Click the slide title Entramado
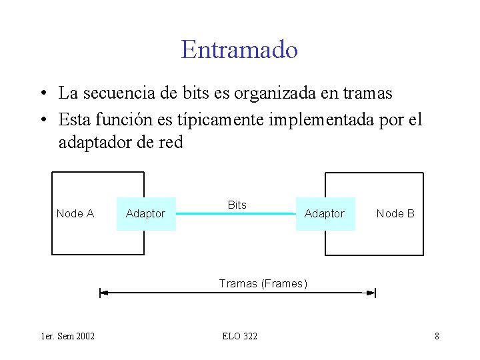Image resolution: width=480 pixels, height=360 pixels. point(239,49)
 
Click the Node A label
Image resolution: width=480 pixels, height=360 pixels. point(75,213)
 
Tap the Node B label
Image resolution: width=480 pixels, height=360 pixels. point(395,213)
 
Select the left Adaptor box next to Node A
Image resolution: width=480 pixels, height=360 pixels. point(146,213)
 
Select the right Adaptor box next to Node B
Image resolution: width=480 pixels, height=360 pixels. point(325,213)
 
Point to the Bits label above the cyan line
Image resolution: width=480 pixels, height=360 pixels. point(237,205)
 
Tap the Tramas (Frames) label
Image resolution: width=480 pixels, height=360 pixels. point(263,283)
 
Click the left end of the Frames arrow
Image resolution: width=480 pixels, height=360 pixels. point(101,293)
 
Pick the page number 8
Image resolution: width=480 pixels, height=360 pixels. point(437,336)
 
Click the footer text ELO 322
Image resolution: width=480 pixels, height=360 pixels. point(240,336)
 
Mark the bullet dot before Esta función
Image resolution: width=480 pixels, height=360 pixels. point(42,119)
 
